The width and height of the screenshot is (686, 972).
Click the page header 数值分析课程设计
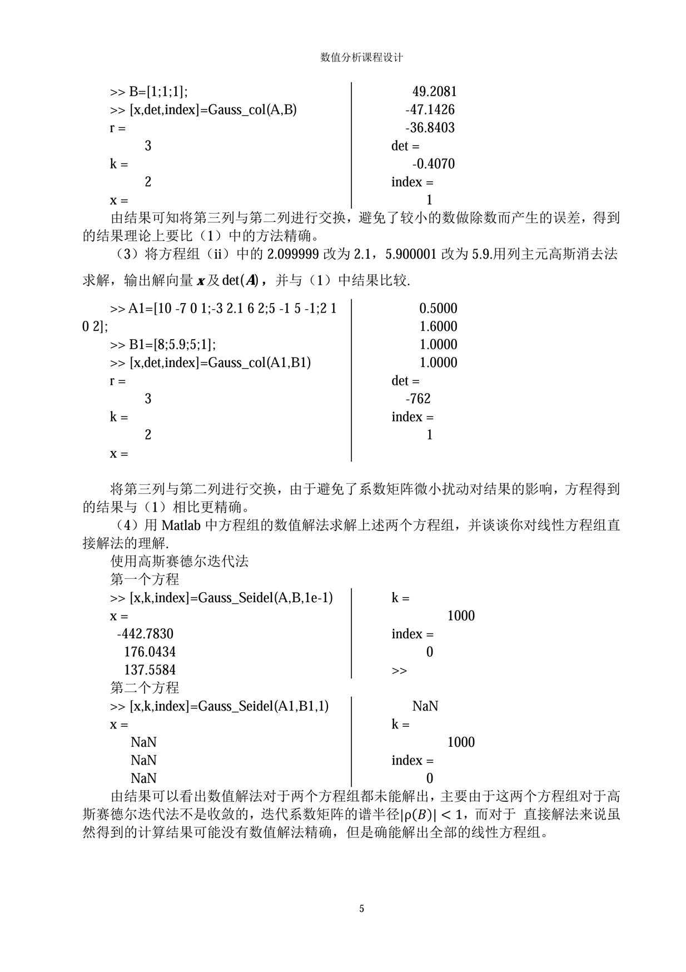point(361,57)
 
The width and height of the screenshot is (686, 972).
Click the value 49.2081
point(434,92)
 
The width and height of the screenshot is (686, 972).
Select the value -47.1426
point(430,110)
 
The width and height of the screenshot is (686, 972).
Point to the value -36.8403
point(430,128)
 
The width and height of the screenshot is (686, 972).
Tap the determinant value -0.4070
point(433,164)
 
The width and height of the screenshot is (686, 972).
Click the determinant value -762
point(418,399)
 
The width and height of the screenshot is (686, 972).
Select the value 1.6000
point(438,326)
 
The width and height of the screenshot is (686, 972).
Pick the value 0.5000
point(438,309)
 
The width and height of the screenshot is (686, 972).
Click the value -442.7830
point(145,634)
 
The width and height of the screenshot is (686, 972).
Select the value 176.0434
point(150,652)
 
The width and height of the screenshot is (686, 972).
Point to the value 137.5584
point(150,670)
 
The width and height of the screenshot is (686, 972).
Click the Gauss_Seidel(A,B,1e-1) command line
point(221,598)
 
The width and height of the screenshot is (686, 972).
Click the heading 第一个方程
point(145,579)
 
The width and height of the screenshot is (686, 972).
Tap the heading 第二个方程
point(145,688)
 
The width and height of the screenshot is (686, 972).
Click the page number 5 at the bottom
point(362,909)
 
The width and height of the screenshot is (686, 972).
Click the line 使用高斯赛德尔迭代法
point(180,562)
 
